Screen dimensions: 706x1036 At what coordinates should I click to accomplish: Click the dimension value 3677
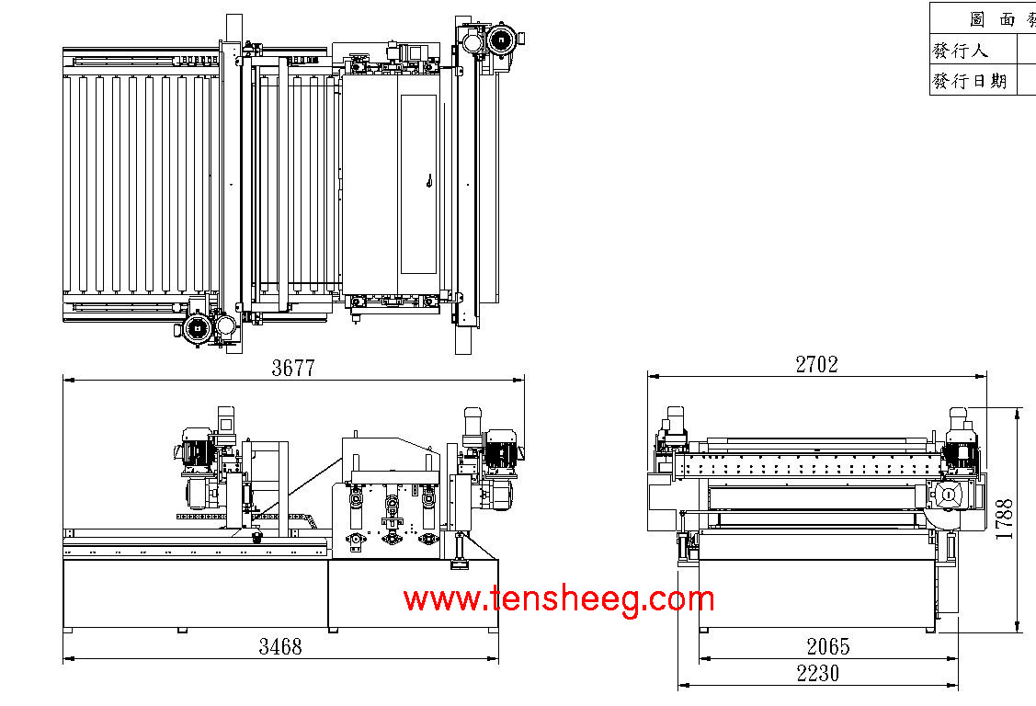(293, 368)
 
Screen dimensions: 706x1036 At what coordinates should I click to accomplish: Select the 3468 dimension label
(279, 646)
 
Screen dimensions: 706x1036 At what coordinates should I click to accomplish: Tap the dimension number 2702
(816, 364)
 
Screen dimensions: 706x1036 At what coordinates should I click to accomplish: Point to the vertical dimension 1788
(1004, 518)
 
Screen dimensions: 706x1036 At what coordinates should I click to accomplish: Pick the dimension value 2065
(827, 646)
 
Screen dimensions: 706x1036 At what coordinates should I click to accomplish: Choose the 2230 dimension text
(817, 674)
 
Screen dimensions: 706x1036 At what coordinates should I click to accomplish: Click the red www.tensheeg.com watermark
(558, 599)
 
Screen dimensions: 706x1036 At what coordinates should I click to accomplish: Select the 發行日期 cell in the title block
(970, 81)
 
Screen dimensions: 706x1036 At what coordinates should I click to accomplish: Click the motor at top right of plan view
(502, 40)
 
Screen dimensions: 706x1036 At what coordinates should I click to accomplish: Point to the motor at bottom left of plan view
(197, 328)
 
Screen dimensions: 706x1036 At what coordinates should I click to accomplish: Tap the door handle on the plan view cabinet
(428, 182)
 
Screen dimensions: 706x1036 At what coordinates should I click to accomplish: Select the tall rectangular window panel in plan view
(418, 184)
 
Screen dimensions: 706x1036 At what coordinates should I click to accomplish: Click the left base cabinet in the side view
(195, 594)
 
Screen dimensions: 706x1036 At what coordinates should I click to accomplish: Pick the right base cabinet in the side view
(413, 594)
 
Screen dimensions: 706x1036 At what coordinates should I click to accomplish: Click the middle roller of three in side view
(393, 504)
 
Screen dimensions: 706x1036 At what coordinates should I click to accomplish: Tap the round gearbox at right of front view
(946, 495)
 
